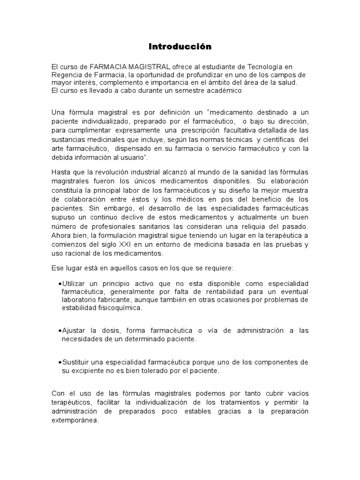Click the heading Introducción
(180, 46)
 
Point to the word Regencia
(66, 75)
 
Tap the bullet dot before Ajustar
(60, 331)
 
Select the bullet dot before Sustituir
(60, 362)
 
